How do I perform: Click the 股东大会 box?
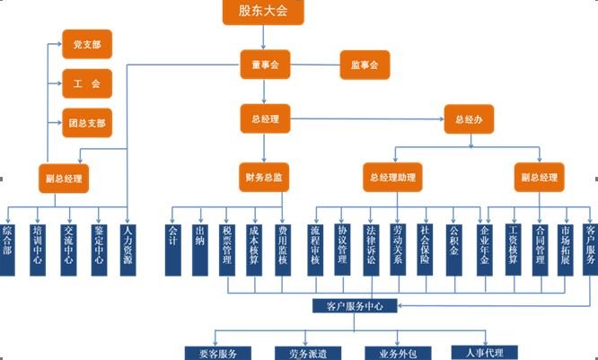[263, 12]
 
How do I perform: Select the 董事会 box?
[265, 65]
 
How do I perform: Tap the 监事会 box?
[364, 65]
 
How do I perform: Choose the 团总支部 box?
[87, 122]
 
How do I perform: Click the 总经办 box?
[469, 119]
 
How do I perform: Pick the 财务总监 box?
[264, 178]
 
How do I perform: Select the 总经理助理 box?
[392, 178]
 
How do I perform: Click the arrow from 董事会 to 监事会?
[314, 65]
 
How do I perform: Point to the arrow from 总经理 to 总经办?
[368, 119]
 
